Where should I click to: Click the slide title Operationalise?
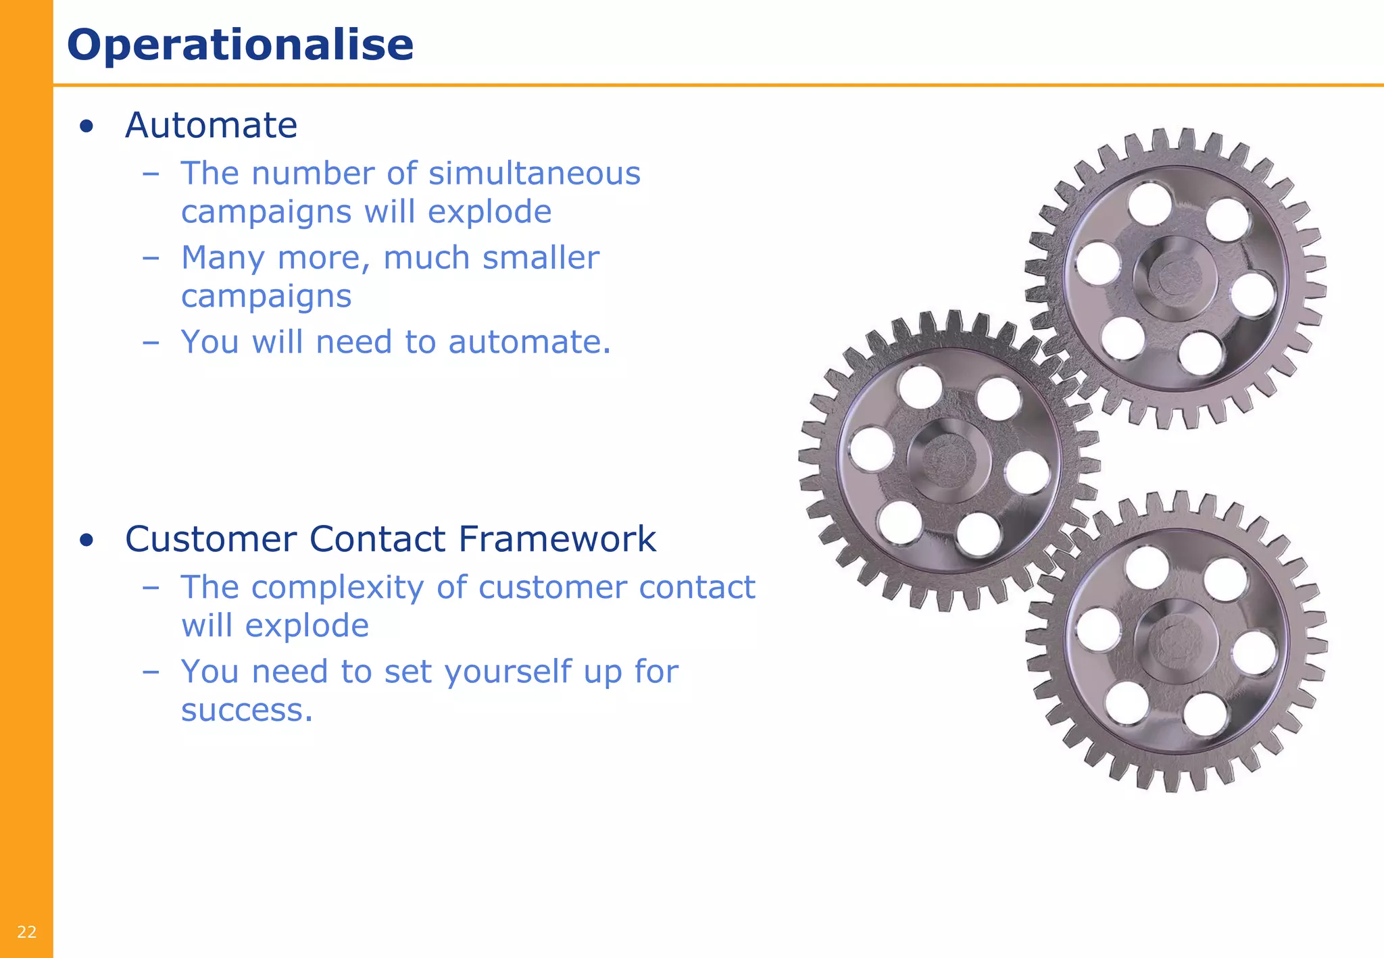pyautogui.click(x=240, y=45)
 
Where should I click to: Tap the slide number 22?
pyautogui.click(x=27, y=932)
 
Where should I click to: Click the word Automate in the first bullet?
pyautogui.click(x=211, y=125)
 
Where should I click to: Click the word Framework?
pyautogui.click(x=557, y=539)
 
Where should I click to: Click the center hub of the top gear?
pyautogui.click(x=1175, y=278)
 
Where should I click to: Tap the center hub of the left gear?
pyautogui.click(x=948, y=461)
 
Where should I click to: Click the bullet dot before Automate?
pyautogui.click(x=86, y=126)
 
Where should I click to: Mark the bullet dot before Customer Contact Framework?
pyautogui.click(x=86, y=540)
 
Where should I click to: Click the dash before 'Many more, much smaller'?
pyautogui.click(x=151, y=258)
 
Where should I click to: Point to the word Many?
pyautogui.click(x=222, y=258)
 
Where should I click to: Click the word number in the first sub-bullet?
pyautogui.click(x=313, y=173)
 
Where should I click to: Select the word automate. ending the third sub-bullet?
pyautogui.click(x=529, y=342)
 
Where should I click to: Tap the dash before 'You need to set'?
pyautogui.click(x=151, y=672)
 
